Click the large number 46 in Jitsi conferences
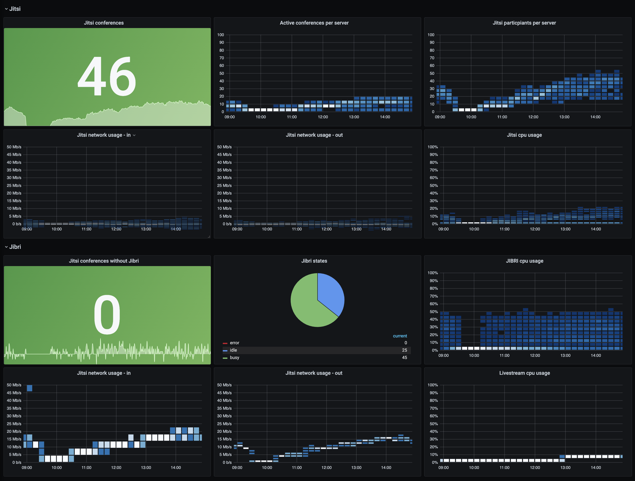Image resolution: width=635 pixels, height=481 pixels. tap(107, 76)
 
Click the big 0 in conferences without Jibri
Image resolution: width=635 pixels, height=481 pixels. tap(107, 315)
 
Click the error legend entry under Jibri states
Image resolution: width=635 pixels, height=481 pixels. tap(234, 343)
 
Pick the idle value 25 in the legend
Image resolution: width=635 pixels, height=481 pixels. tap(404, 350)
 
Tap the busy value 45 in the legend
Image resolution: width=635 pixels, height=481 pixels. tap(404, 358)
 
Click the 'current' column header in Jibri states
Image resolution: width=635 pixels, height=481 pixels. tap(400, 336)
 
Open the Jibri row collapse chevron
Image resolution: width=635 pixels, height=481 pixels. tap(6, 247)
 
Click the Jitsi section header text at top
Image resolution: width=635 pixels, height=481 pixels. tap(15, 9)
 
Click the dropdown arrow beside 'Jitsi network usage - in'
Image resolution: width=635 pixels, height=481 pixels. tap(134, 135)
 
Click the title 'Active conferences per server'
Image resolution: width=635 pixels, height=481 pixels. tap(314, 23)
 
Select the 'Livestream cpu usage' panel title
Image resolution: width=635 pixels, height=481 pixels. tap(524, 373)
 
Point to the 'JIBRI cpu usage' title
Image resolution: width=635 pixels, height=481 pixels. tap(524, 261)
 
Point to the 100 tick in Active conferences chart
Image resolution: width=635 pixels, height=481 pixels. tap(220, 35)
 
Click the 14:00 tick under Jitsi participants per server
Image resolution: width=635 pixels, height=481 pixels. tap(595, 117)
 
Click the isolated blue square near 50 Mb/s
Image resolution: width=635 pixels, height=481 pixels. tap(29, 388)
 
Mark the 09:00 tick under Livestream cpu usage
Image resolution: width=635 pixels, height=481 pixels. tap(443, 467)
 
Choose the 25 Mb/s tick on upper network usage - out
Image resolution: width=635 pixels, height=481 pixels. tap(224, 185)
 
